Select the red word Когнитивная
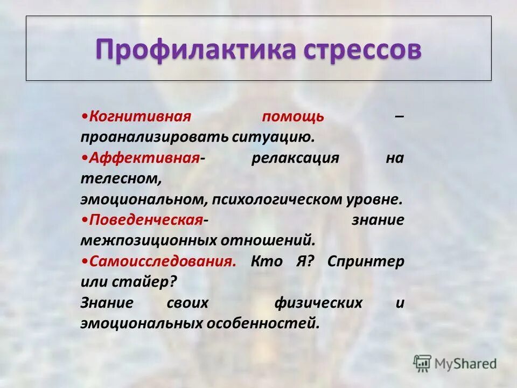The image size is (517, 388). (141, 116)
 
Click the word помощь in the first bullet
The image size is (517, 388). (293, 116)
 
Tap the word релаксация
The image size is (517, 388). (295, 158)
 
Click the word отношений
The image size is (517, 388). (272, 239)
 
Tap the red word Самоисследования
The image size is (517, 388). (162, 261)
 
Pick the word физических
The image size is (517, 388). (318, 302)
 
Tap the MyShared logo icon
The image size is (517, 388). (422, 364)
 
